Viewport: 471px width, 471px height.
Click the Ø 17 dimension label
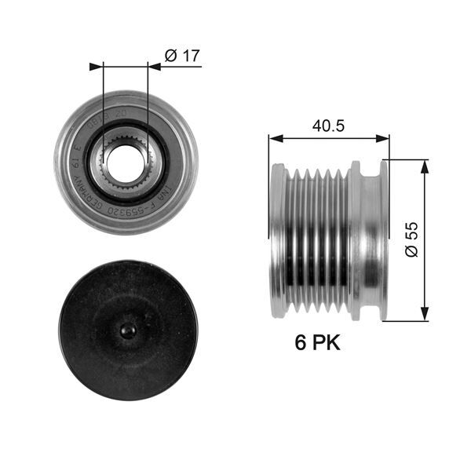pos(182,56)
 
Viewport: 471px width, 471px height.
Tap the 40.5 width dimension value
pos(329,125)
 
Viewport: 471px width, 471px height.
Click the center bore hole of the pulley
pos(125,160)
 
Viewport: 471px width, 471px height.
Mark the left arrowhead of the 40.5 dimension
pos(275,139)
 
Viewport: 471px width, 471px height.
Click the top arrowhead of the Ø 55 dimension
pos(425,164)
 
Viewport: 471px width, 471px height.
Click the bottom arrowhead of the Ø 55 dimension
pos(425,315)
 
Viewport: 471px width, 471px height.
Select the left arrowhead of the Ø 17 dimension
pos(97,67)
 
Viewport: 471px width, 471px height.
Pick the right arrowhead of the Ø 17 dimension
pos(154,67)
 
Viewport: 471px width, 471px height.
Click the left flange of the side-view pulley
pos(277,240)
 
